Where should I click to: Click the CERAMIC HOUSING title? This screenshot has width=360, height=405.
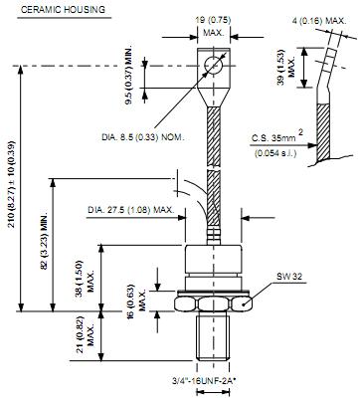(63, 10)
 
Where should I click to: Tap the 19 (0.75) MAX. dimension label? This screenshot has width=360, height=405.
(213, 27)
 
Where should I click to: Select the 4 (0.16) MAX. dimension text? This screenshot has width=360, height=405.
(319, 21)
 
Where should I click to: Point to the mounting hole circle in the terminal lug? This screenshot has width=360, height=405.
(214, 65)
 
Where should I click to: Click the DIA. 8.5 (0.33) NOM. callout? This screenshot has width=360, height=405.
(142, 137)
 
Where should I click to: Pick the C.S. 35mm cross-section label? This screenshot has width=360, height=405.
(274, 137)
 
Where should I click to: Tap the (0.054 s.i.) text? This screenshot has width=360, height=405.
(275, 153)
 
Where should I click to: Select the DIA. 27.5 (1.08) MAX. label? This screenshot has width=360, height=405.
(130, 210)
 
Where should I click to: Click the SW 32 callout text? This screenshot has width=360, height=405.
(289, 276)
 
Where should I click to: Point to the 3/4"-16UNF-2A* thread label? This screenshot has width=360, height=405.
(204, 381)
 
